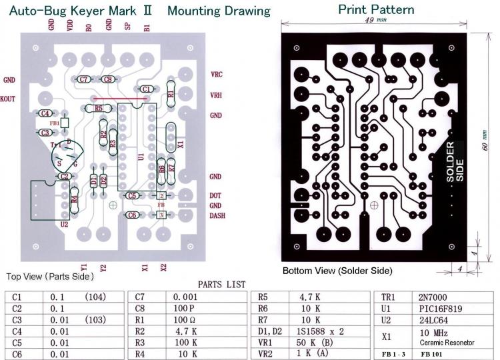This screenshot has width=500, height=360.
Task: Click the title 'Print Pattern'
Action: (x=376, y=9)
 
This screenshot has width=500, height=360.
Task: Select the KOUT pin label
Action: (x=8, y=98)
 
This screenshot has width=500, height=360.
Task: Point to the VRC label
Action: (x=217, y=74)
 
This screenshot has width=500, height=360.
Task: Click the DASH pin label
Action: (x=217, y=215)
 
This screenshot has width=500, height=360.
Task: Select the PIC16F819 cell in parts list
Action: (x=437, y=308)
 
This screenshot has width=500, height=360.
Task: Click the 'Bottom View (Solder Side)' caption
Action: (x=337, y=271)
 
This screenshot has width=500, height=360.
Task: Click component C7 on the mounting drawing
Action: (x=84, y=79)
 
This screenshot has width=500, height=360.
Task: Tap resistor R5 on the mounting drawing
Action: (x=99, y=108)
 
